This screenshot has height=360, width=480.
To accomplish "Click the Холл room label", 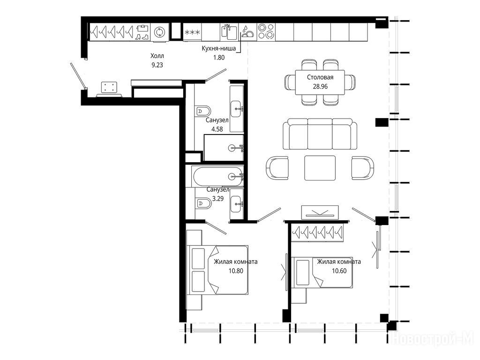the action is (x=157, y=56).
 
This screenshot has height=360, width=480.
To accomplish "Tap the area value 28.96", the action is (x=320, y=86).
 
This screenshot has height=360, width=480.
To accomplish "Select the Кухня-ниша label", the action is (x=218, y=48).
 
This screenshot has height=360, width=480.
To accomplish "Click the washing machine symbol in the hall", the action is (x=160, y=32).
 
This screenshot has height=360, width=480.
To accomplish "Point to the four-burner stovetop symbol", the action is (x=266, y=32).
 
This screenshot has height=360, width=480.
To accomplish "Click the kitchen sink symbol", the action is (x=229, y=32).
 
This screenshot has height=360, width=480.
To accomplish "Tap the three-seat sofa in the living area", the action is (x=320, y=134).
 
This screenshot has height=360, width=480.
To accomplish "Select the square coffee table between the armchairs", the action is (x=320, y=168).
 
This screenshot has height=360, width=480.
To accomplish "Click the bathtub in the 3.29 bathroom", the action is (x=217, y=176).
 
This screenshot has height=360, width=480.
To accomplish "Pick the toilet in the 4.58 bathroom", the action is (x=203, y=111).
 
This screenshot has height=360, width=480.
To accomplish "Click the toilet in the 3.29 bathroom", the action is (x=203, y=203).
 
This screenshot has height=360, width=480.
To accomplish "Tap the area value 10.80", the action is (x=236, y=271).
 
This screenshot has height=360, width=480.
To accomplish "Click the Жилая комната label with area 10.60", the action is (x=339, y=262).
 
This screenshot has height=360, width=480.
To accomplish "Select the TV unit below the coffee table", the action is (x=320, y=212).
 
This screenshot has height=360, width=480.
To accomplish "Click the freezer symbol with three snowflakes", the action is (x=192, y=32).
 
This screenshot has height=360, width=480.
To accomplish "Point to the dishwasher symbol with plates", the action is (x=247, y=32).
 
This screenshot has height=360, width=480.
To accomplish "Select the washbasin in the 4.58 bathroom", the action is (x=237, y=109).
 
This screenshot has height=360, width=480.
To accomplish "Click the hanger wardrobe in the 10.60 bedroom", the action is (x=317, y=233).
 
